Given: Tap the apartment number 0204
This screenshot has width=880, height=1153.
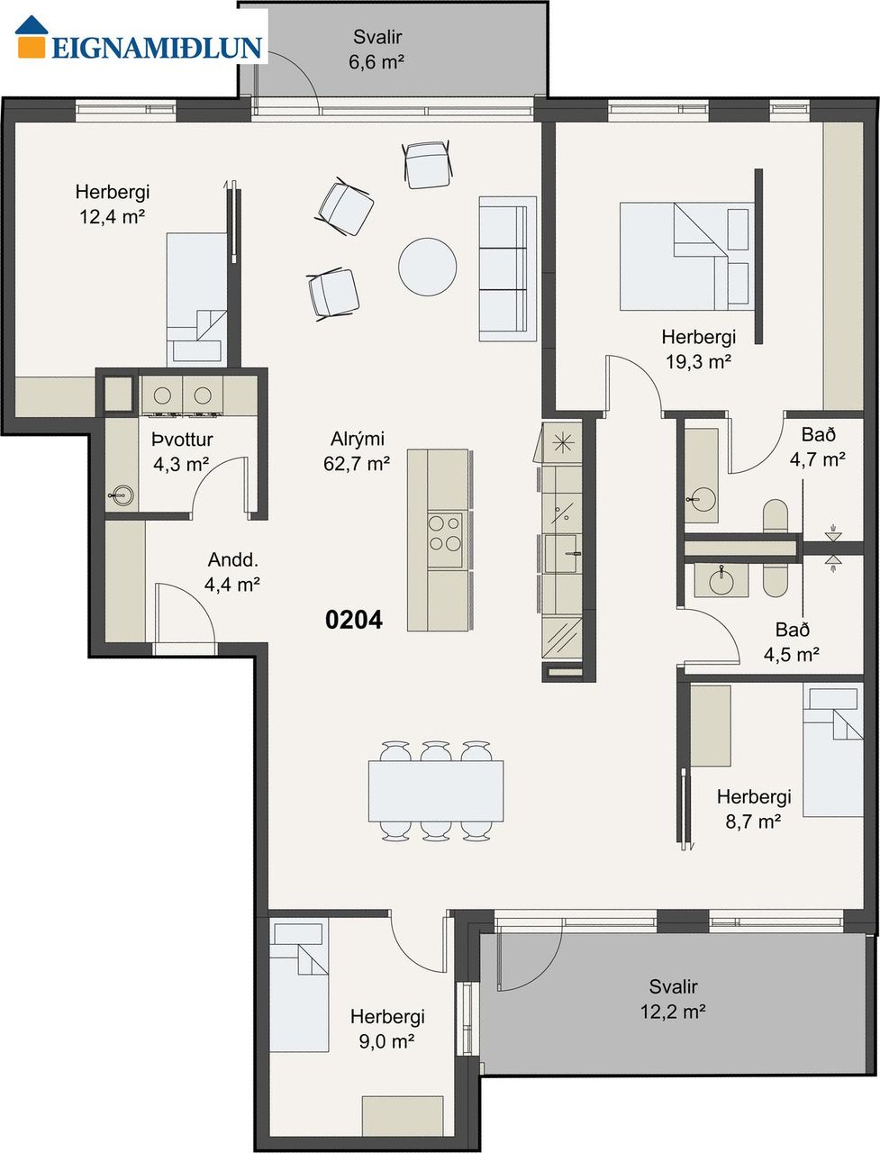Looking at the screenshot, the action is pos(354,620).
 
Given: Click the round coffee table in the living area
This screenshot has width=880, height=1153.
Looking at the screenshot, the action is pos(428,267).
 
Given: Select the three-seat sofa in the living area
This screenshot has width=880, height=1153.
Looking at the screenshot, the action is pos(507,269).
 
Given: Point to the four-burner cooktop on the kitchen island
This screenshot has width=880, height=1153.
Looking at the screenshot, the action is pos(445,540).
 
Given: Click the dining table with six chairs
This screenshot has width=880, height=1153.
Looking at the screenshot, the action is pos(436,792).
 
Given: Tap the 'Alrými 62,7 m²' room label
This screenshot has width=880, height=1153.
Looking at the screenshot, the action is pos(357,451).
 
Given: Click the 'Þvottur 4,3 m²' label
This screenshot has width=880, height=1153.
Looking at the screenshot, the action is pos(182,452).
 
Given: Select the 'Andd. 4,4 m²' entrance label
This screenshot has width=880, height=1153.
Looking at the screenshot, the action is pos(232,572).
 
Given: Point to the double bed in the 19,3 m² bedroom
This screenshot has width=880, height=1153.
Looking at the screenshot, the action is pos(686,257).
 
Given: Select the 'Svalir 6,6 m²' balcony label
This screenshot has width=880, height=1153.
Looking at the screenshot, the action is pos(377,50).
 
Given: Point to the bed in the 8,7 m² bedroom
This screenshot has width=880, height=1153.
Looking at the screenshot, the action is pos(833,749).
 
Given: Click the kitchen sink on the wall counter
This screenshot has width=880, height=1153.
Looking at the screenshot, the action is pos(563,554).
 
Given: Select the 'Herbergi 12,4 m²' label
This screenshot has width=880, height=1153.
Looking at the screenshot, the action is pos(113,204).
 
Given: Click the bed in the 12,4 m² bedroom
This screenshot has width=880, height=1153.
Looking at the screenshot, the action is pos(197,299).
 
